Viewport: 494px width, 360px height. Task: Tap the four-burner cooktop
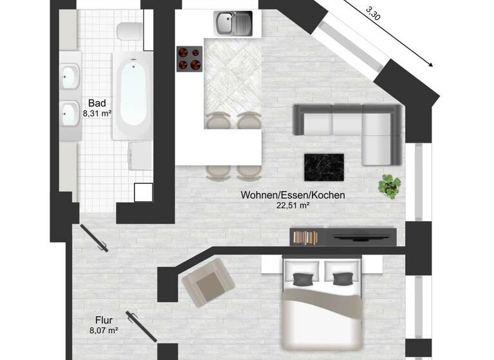pyautogui.click(x=189, y=59)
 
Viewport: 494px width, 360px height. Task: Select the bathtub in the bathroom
pyautogui.click(x=132, y=95)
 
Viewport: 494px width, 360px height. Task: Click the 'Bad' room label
pyautogui.click(x=97, y=103)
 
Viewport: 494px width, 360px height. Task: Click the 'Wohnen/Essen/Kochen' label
pyautogui.click(x=293, y=195)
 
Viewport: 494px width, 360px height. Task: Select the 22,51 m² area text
pyautogui.click(x=293, y=205)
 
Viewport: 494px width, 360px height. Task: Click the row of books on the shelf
pyautogui.click(x=306, y=237)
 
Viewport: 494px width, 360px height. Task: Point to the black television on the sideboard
pyautogui.click(x=360, y=236)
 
